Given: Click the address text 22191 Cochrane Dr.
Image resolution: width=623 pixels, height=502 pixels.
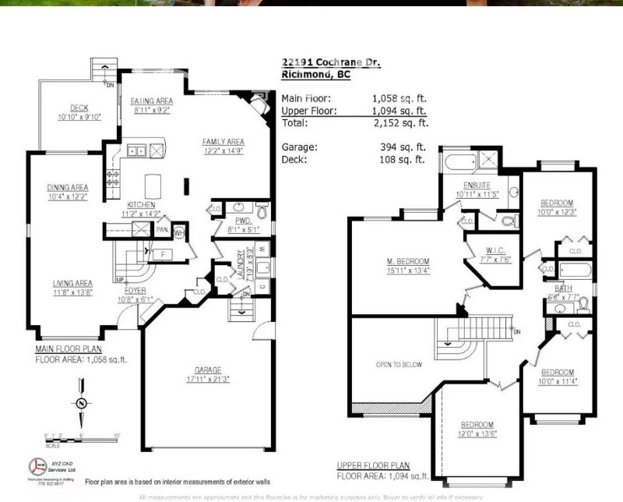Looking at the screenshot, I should (x=331, y=62).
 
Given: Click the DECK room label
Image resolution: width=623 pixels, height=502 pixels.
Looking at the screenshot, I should (x=80, y=108).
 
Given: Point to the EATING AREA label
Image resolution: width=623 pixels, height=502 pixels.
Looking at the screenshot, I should (x=152, y=101).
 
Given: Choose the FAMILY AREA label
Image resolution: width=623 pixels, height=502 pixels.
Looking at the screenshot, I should (x=224, y=142).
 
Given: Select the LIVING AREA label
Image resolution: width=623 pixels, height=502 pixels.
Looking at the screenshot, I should (x=72, y=283).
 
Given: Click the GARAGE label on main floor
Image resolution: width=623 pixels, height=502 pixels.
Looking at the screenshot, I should (x=208, y=369).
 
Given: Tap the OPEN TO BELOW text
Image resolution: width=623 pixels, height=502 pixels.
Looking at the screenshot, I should (x=399, y=365).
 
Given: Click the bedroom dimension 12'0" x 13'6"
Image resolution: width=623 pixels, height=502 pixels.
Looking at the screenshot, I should (x=477, y=433).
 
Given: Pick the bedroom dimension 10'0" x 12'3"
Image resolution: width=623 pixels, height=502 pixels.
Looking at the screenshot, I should (x=557, y=212).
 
